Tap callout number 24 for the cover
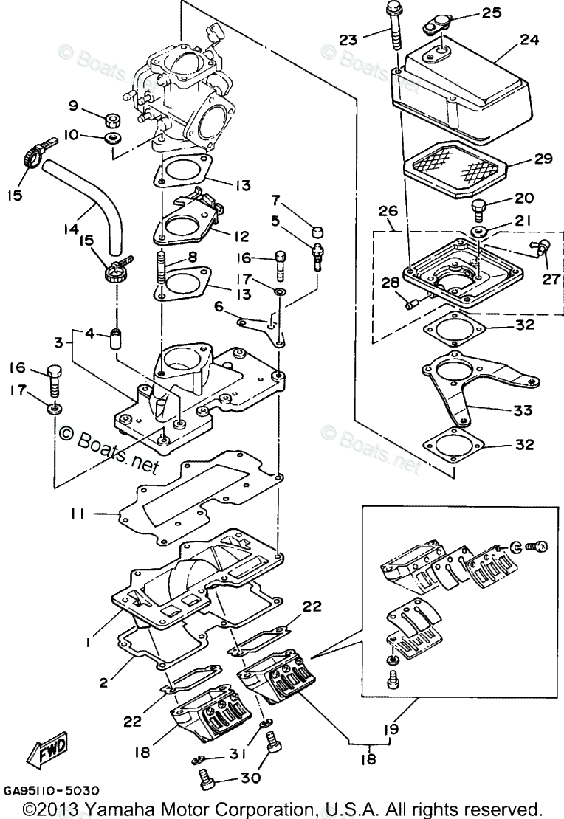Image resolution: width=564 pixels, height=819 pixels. click(x=529, y=40)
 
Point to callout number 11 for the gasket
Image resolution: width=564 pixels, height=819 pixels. click(x=77, y=514)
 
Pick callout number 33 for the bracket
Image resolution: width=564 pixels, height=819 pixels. click(x=522, y=410)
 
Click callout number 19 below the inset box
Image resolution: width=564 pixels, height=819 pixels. click(x=391, y=729)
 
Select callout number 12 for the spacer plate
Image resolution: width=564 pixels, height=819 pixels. click(x=241, y=237)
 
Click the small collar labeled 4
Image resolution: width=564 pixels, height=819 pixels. click(x=116, y=342)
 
